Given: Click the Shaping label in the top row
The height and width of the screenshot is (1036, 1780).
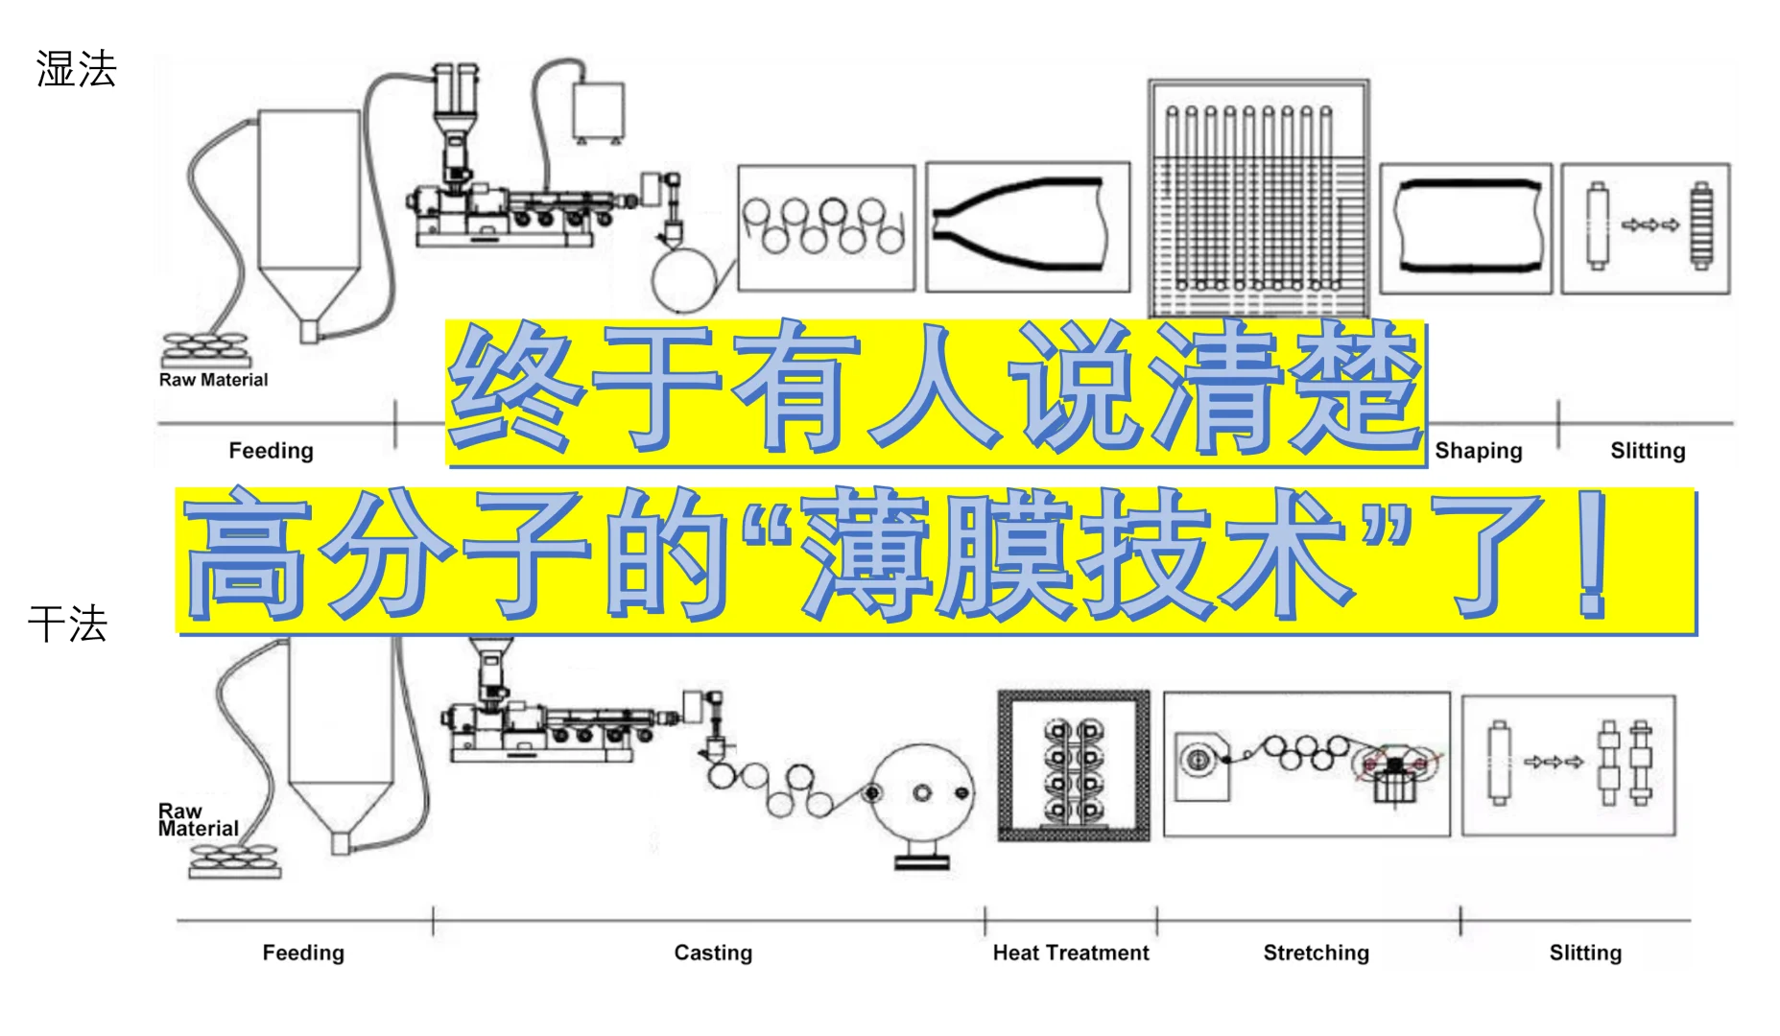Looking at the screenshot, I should pos(1478,451).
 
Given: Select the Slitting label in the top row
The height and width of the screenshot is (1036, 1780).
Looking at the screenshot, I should pos(1648,451).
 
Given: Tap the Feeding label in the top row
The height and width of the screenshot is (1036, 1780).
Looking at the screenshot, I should pos(271,451).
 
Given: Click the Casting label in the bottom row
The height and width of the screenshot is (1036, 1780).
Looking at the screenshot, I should pos(713,953).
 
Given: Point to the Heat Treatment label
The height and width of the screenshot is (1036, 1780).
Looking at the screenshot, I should pos(1071,953).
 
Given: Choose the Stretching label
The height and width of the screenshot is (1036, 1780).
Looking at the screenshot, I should pos(1316,953).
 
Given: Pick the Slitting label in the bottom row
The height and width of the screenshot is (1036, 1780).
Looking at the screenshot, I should pos(1585,953).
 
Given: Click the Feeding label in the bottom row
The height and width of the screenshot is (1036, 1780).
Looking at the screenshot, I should pos(303,953).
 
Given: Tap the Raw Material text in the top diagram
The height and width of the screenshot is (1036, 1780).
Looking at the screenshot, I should pos(213,380).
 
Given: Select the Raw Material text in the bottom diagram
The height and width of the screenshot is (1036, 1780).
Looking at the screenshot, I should pos(198,820).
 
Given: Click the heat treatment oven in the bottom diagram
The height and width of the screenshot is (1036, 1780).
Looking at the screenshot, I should pos(1074,765).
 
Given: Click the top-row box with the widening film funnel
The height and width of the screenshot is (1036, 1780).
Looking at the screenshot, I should pos(1028,227).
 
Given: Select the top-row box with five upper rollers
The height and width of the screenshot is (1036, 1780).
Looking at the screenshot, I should pos(826,227).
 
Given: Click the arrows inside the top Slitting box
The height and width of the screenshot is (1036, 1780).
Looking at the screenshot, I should pos(1650,225).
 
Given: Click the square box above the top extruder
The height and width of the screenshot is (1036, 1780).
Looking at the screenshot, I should pos(598,110).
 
